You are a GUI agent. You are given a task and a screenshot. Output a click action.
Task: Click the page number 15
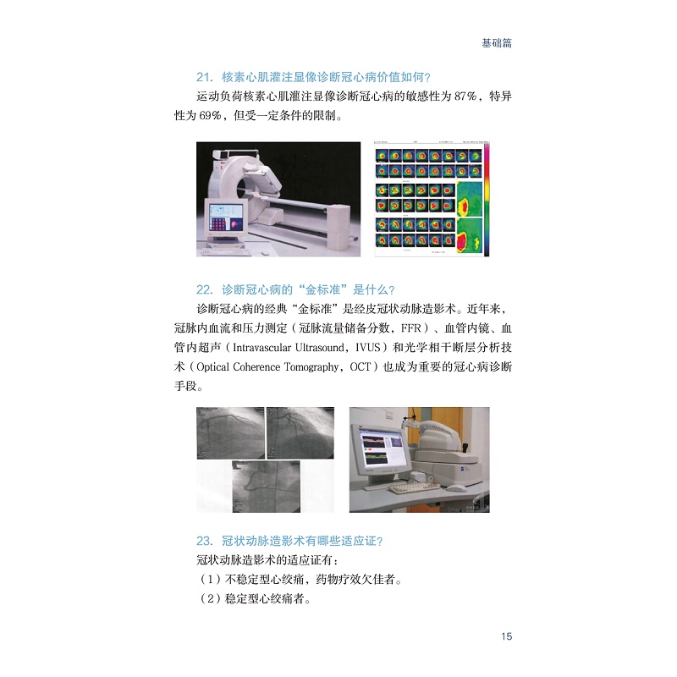point(506,636)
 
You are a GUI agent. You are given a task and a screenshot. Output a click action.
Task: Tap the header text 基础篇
point(497,43)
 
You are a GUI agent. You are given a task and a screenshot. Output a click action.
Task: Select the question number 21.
point(205,77)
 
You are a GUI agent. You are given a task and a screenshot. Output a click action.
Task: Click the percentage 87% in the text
point(465,96)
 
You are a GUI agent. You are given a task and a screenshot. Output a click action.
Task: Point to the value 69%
point(210,115)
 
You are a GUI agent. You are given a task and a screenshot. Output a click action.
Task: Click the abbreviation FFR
point(411,328)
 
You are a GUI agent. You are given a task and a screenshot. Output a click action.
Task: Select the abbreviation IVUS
point(368,348)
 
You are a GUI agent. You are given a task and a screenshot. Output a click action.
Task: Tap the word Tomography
point(311,367)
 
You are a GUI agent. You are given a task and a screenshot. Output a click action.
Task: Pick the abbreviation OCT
point(361,367)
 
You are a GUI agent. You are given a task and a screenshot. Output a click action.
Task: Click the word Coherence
point(256,367)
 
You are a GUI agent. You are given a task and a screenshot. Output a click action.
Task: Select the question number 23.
point(205,541)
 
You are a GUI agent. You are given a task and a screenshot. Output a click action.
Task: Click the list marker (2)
point(208,599)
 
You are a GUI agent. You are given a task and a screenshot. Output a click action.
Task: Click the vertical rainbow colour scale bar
point(487,199)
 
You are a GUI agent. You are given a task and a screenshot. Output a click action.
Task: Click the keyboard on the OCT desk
point(414,489)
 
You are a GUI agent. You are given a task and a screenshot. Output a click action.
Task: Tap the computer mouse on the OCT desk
point(457,488)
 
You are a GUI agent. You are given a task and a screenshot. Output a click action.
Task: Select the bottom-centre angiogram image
point(267,487)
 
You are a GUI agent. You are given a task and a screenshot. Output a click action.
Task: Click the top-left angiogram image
point(230,432)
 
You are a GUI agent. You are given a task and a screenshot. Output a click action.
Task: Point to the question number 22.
point(205,289)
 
